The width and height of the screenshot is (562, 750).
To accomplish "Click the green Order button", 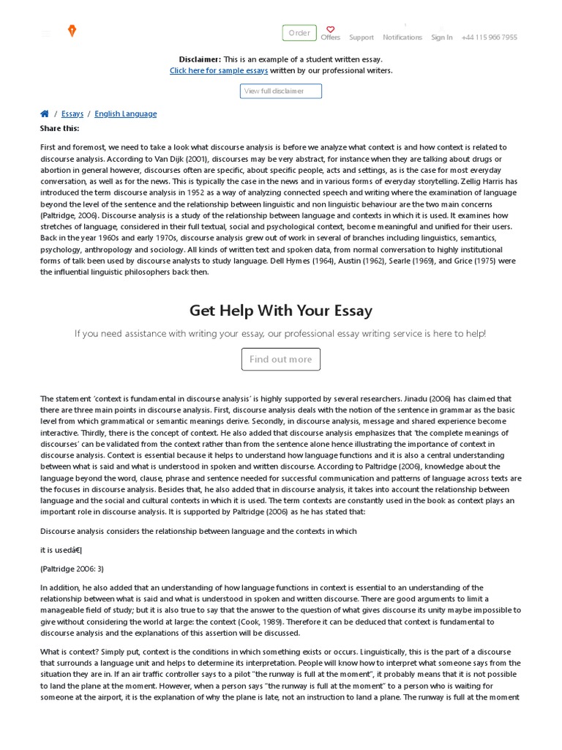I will tap(299, 33).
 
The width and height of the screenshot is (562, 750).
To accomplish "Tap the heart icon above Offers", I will tap(330, 29).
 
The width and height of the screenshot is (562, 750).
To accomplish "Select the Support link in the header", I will tap(361, 37).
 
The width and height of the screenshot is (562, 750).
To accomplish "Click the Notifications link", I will tap(402, 37).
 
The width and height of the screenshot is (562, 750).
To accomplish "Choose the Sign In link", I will tap(441, 37).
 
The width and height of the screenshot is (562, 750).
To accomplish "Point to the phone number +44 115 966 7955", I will tap(489, 37).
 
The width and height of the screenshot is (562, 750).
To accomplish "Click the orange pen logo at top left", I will tap(72, 31).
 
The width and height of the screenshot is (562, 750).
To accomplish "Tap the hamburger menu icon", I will tap(46, 34).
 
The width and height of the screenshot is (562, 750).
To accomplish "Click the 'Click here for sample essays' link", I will tap(219, 71).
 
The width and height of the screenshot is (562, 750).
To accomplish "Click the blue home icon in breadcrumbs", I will tap(45, 114).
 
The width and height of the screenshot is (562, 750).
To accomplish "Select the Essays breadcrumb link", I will tap(72, 114).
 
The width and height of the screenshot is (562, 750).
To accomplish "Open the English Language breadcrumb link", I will tap(125, 114).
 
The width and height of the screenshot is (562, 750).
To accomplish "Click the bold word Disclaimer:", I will tap(200, 59).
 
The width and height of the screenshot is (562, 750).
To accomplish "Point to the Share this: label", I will tap(59, 129).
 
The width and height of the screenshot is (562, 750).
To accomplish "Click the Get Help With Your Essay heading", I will tap(281, 311).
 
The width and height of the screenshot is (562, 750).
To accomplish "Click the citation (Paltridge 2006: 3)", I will tap(72, 569).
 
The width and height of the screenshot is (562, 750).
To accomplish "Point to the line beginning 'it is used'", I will tap(61, 550).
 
